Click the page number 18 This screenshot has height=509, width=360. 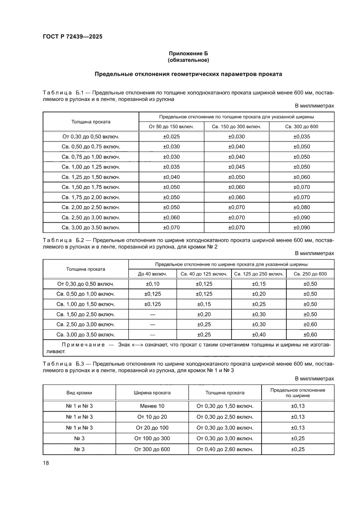[46, 463]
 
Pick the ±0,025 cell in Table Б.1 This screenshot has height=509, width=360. [171, 137]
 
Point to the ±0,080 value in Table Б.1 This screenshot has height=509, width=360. [302, 207]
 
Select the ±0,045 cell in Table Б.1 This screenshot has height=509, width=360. [236, 167]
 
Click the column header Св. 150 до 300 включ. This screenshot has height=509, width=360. [236, 127]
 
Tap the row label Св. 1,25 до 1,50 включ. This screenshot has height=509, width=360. [91, 177]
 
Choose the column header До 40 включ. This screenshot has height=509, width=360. [152, 274]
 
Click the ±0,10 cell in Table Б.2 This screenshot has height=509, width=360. [152, 284]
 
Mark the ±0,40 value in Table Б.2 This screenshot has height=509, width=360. [259, 334]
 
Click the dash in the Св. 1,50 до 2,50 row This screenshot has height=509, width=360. [152, 314]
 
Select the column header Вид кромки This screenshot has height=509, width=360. [79, 393]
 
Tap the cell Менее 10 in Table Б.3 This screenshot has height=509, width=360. [152, 406]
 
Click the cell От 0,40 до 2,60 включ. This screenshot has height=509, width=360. [225, 449]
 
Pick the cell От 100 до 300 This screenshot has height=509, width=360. [152, 438]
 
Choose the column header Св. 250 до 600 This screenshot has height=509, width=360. [310, 274]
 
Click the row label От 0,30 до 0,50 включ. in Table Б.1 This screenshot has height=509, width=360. [91, 137]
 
